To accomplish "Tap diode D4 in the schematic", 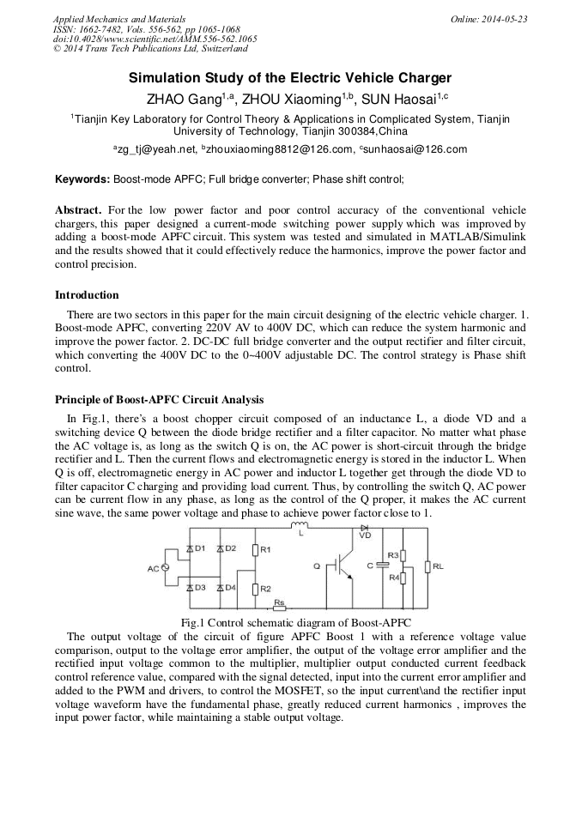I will pyautogui.click(x=221, y=588).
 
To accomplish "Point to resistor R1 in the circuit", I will pyautogui.click(x=255, y=549).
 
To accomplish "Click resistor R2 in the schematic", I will pyautogui.click(x=255, y=589).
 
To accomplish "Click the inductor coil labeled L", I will pyautogui.click(x=300, y=526).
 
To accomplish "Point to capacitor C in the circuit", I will pyautogui.click(x=381, y=566).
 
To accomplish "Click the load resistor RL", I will pyautogui.click(x=427, y=566).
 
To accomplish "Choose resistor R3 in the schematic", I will pyautogui.click(x=403, y=555).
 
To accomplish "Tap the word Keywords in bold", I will pyautogui.click(x=82, y=179).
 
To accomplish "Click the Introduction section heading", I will pyautogui.click(x=87, y=294).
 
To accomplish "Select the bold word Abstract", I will pyautogui.click(x=79, y=210).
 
